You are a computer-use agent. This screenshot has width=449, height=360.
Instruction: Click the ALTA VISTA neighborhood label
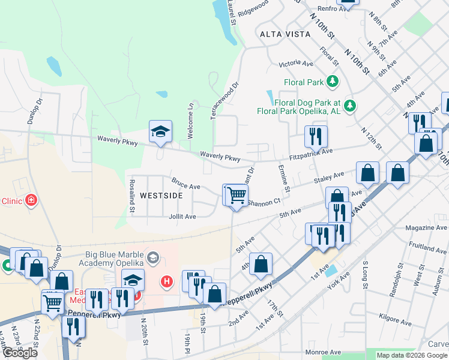[x=285, y=34]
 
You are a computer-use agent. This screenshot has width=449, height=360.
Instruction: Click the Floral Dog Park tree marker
[x=348, y=106]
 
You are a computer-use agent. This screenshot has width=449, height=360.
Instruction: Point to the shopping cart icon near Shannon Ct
[x=237, y=195]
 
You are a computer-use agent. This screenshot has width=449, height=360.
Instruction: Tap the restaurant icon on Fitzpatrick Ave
[x=315, y=137]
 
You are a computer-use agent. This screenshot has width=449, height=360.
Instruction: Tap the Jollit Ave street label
[x=182, y=216]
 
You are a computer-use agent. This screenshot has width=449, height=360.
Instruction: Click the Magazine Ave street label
[x=426, y=228]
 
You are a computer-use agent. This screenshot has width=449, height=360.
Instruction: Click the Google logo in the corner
[x=20, y=353]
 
